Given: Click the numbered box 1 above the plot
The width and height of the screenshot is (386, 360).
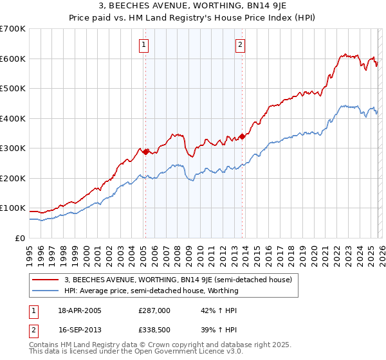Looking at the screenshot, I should point(143,45).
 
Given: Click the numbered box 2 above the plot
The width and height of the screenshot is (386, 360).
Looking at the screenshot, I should point(239,45).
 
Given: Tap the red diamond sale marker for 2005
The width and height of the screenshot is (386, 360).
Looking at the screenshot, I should point(145,152).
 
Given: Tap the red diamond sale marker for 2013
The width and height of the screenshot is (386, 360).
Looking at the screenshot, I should point(242,136).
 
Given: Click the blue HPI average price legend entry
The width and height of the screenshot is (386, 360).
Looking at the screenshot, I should point(151,291).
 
